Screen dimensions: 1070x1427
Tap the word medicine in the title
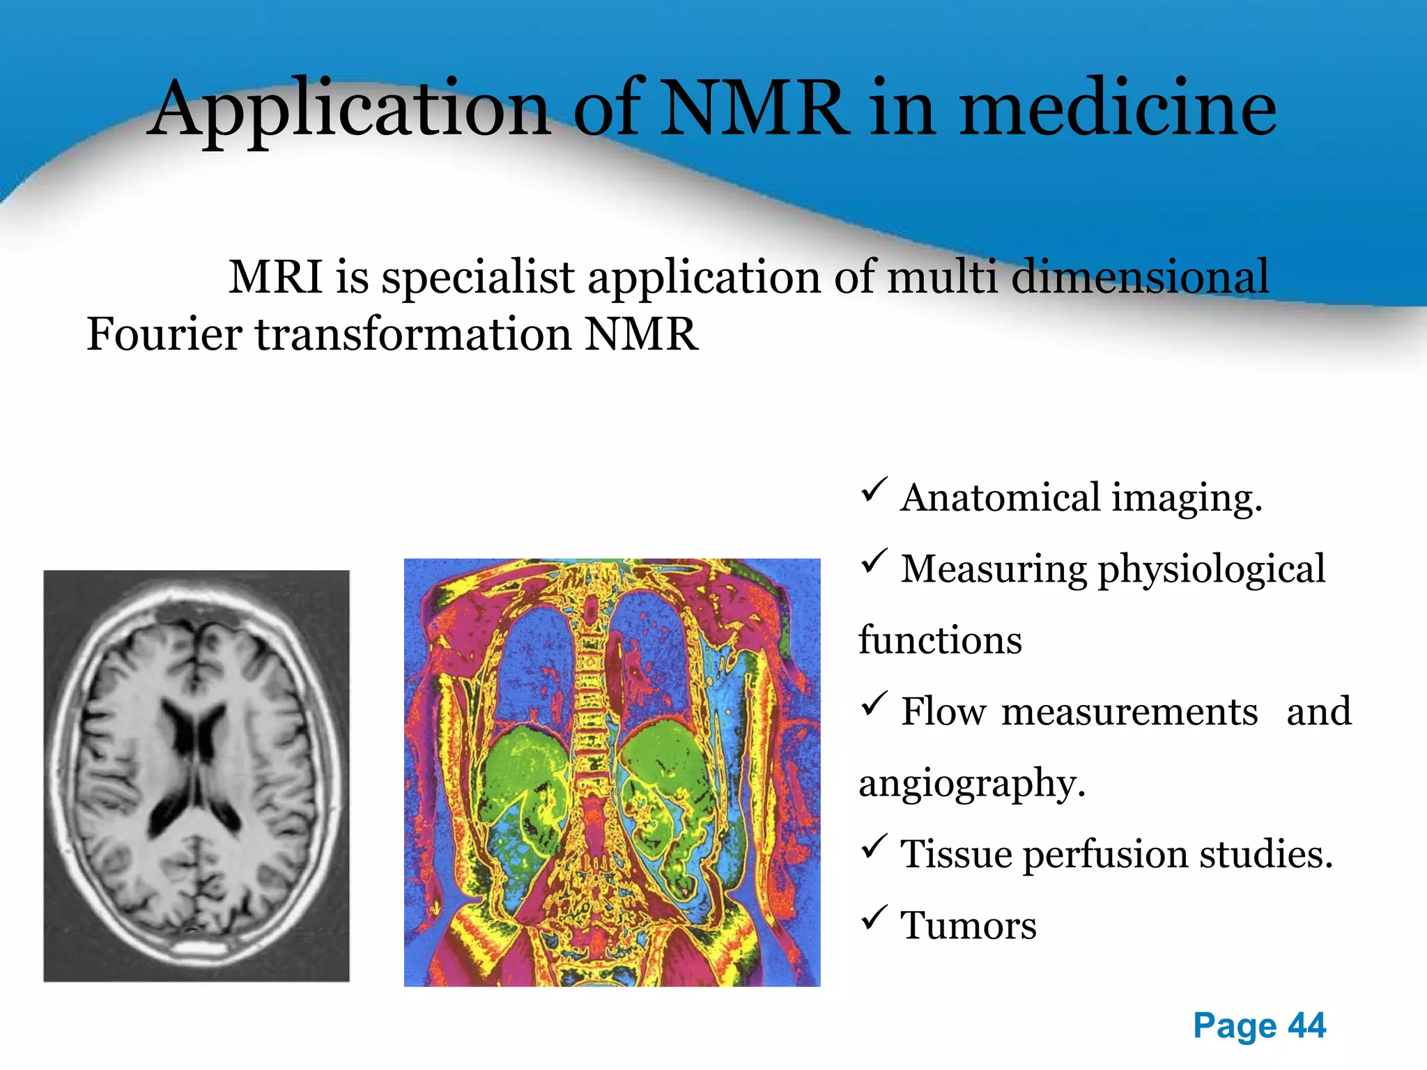pyautogui.click(x=1118, y=108)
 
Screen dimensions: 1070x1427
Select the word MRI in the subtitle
pyautogui.click(x=275, y=277)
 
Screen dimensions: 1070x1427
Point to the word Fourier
pyautogui.click(x=164, y=334)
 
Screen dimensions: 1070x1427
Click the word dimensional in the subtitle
pyautogui.click(x=1140, y=277)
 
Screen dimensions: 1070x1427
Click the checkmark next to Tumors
pyautogui.click(x=874, y=917)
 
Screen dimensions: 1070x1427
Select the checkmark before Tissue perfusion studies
pyautogui.click(x=874, y=846)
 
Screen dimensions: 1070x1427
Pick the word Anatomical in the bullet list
pyautogui.click(x=1001, y=499)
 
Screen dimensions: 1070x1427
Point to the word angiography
pyautogui.click(x=971, y=784)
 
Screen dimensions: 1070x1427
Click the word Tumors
pyautogui.click(x=969, y=926)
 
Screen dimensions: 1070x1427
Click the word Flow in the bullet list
pyautogui.click(x=943, y=713)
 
